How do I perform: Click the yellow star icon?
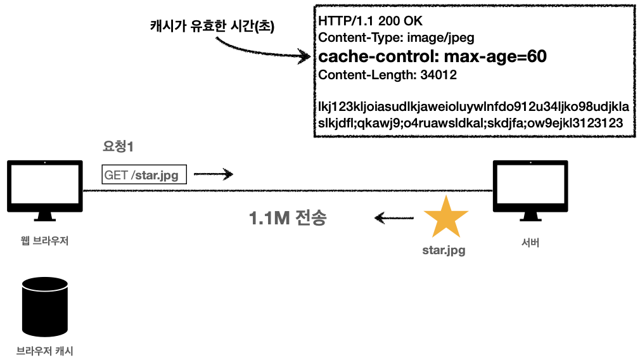(445, 218)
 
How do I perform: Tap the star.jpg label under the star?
(444, 250)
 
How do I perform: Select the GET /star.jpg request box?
(144, 174)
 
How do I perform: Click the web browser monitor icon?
(44, 188)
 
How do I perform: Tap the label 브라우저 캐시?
(44, 350)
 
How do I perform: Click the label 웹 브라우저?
(44, 241)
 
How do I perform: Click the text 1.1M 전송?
(288, 219)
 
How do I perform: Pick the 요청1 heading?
(118, 146)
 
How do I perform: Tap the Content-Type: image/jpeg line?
(396, 37)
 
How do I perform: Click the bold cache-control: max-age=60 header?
(432, 56)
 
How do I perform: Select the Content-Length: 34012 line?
(388, 75)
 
